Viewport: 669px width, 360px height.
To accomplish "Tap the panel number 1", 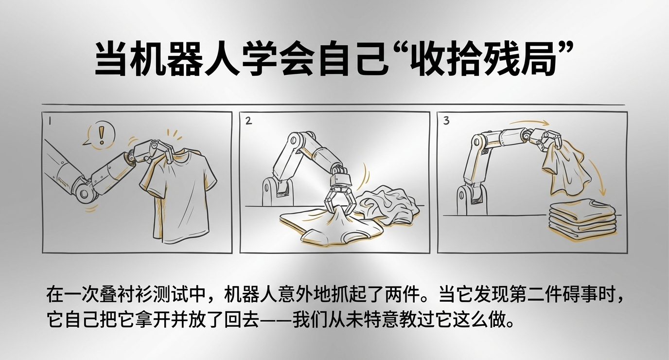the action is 50,121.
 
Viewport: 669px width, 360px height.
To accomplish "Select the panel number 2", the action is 248,121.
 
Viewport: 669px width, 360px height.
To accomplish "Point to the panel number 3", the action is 446,121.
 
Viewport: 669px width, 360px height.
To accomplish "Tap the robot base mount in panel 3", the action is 473,198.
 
